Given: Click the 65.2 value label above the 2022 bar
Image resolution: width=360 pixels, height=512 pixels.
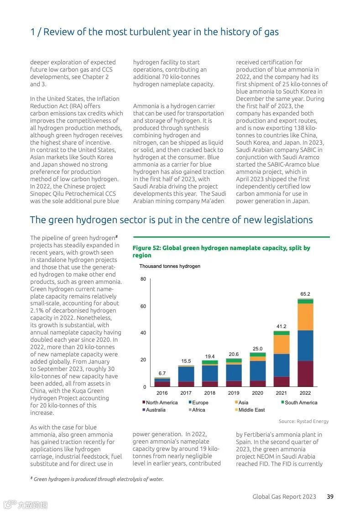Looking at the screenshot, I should tap(305, 294).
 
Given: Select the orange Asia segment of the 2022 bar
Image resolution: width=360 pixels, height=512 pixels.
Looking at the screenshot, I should tap(305, 317).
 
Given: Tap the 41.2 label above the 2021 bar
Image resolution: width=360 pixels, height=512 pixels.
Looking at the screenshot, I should tap(282, 326).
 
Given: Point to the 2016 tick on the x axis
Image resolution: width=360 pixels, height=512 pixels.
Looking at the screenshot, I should tap(162, 393).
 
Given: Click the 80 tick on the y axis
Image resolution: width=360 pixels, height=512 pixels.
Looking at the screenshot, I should tap(143, 279).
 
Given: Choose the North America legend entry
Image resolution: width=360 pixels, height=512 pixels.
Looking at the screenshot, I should tap(160, 402).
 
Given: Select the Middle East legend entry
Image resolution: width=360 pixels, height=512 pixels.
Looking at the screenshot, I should tap(250, 410).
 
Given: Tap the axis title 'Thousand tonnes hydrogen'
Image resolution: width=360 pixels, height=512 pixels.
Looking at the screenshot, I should tap(170, 266).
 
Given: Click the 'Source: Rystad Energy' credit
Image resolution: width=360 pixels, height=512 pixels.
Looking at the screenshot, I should tap(303, 421).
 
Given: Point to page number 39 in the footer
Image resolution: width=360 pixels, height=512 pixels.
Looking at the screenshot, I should tap(330, 496).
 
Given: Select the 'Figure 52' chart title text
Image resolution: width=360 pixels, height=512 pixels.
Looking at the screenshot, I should tap(221, 251).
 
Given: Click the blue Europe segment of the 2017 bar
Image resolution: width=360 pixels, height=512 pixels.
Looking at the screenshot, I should tap(186, 374).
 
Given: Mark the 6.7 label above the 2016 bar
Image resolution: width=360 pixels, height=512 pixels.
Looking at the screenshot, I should tap(162, 373).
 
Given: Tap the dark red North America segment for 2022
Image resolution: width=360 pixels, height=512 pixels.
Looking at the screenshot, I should tap(305, 374).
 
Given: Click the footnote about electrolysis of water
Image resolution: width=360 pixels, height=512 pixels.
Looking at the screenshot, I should tap(97, 479).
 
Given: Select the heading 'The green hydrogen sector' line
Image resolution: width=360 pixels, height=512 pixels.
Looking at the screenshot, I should tap(171, 220).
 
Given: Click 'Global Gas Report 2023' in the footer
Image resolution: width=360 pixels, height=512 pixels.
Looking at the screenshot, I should tap(284, 496).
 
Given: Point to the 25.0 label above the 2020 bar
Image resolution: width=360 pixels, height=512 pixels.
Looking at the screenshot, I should tap(258, 349).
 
